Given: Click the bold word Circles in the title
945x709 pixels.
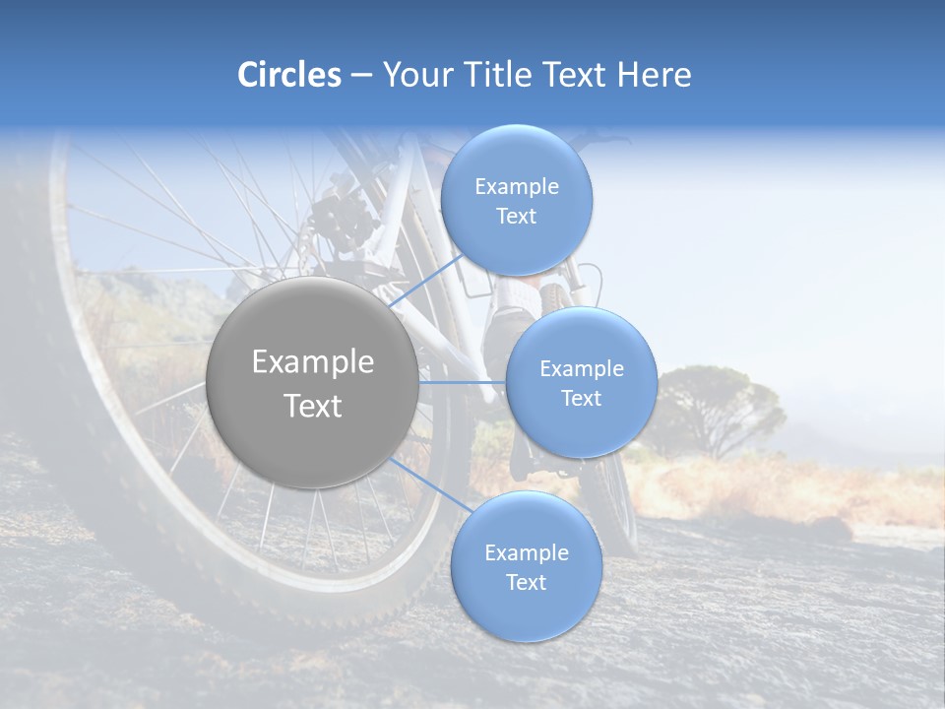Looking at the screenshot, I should point(289,75).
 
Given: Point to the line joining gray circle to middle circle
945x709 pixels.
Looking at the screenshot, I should point(463,382).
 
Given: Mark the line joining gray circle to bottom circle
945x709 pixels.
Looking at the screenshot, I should point(429,484).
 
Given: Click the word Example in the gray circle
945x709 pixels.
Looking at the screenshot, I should point(313,362).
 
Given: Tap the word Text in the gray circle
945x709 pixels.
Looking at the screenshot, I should point(313,406).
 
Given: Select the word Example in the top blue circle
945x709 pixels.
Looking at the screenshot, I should point(517,186).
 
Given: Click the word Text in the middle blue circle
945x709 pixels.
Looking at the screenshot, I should point(581,398).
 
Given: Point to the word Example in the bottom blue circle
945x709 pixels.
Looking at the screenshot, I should point(527,552).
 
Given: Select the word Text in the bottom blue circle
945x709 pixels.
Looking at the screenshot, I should point(526,582).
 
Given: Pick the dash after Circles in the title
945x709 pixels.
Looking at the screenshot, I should point(360,75).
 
